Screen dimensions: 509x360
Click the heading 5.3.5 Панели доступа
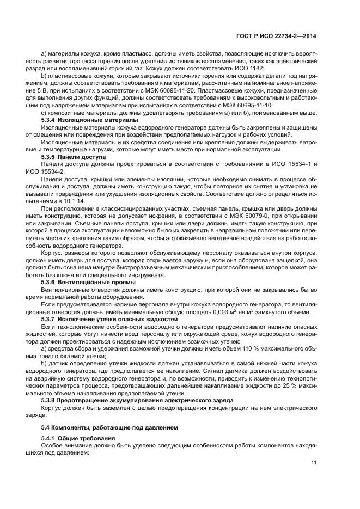[74, 156]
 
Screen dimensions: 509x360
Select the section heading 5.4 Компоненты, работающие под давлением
[107, 426]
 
